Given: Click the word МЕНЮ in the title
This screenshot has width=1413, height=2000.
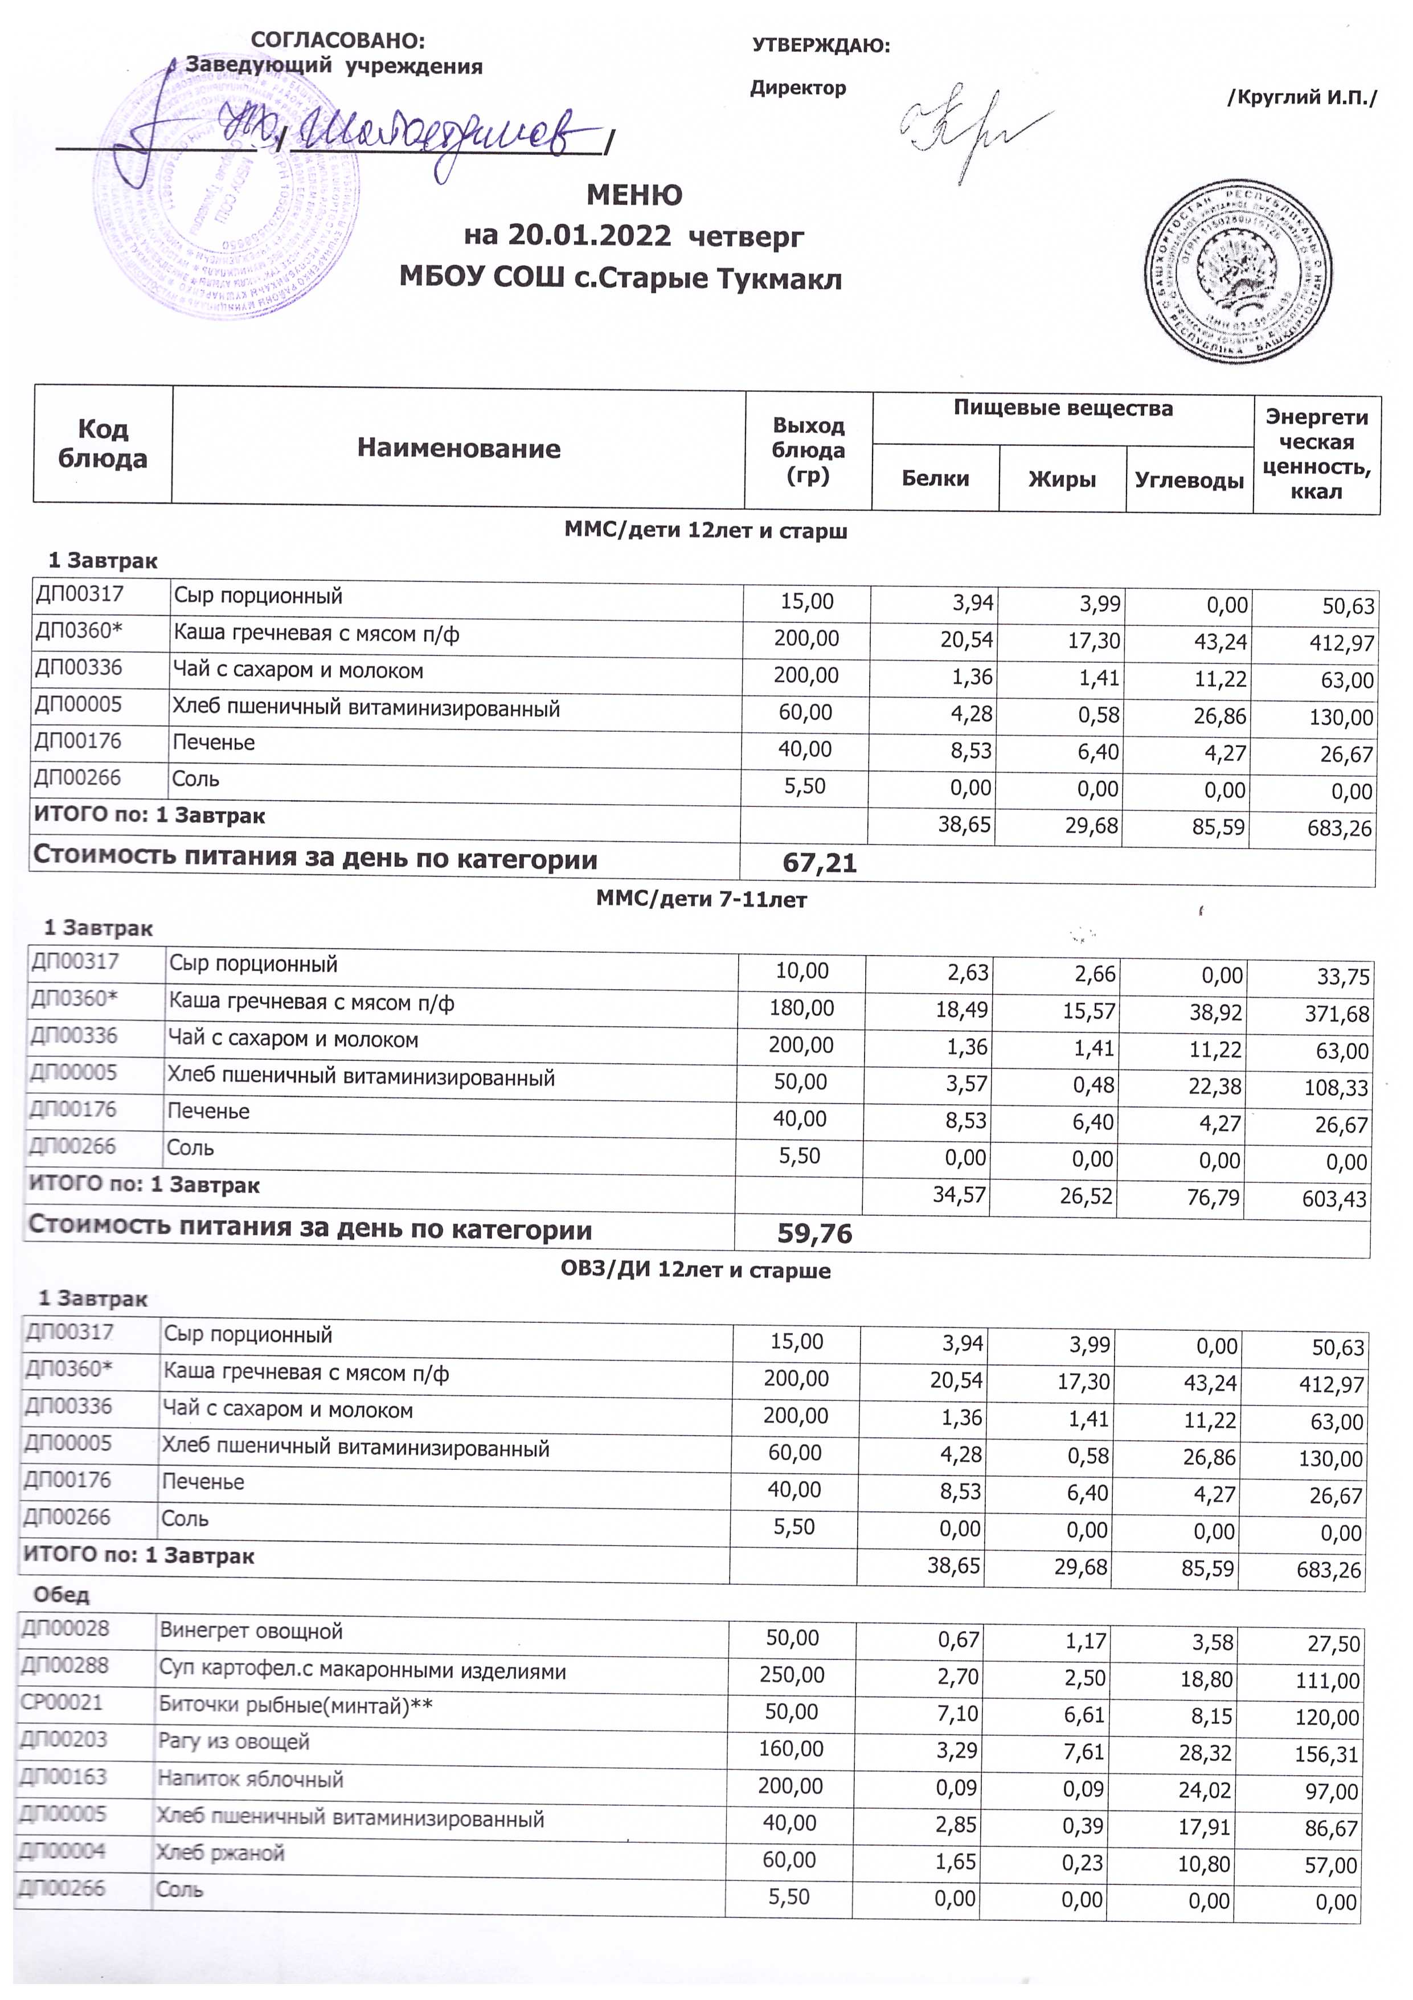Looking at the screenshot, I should (x=634, y=194).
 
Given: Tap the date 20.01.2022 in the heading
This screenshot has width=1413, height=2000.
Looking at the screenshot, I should (x=589, y=235).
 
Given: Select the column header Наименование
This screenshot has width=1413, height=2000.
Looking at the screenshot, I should (x=458, y=449).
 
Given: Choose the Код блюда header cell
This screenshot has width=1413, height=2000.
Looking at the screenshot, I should (x=103, y=444).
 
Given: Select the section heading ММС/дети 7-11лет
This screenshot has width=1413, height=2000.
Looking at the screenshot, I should (x=701, y=899).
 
